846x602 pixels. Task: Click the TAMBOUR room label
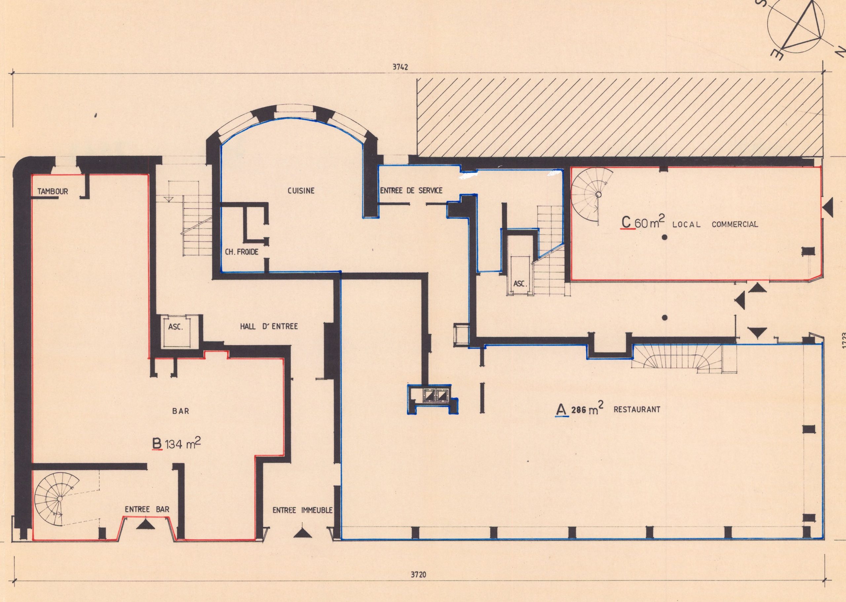tap(53, 192)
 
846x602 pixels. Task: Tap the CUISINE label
tap(301, 191)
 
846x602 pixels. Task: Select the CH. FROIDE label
tap(241, 252)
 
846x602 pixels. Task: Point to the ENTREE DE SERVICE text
tap(411, 191)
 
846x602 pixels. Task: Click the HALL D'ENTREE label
tap(269, 327)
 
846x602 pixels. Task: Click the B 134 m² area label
tap(177, 444)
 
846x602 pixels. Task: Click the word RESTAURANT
tap(637, 410)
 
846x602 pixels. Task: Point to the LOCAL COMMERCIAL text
tap(715, 224)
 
